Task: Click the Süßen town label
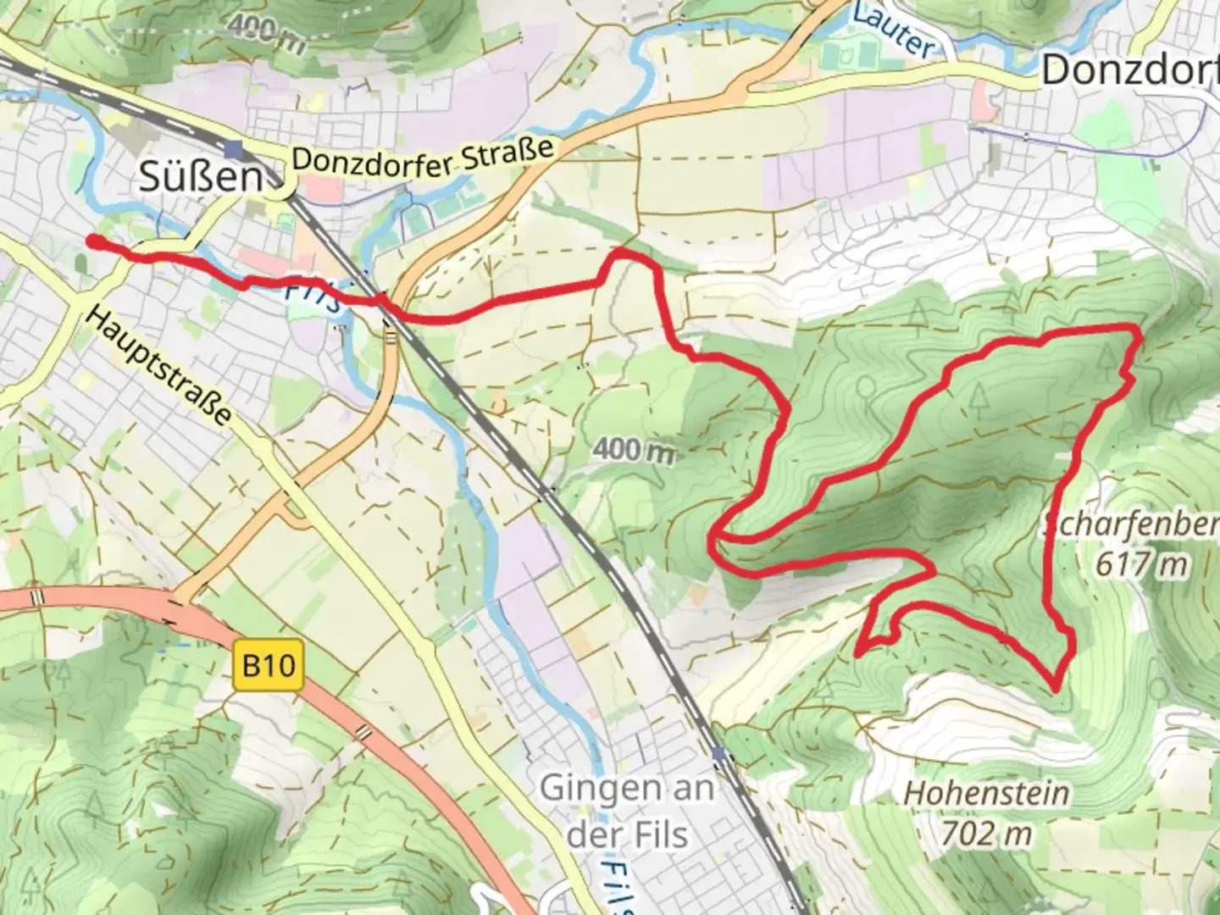(x=201, y=177)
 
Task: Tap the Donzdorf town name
(x=1129, y=70)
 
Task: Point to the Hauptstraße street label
(x=158, y=366)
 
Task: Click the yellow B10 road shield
(x=268, y=665)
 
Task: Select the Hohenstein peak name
(x=986, y=794)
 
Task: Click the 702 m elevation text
(x=986, y=835)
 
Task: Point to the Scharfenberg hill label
(x=1131, y=525)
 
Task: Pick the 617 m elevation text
(x=1141, y=564)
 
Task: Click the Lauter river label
(x=894, y=32)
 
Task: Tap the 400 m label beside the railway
(x=634, y=450)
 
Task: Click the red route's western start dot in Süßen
(x=92, y=242)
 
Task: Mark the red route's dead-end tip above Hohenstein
(x=857, y=653)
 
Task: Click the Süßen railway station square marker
(x=235, y=150)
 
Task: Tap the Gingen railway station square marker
(x=719, y=753)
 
